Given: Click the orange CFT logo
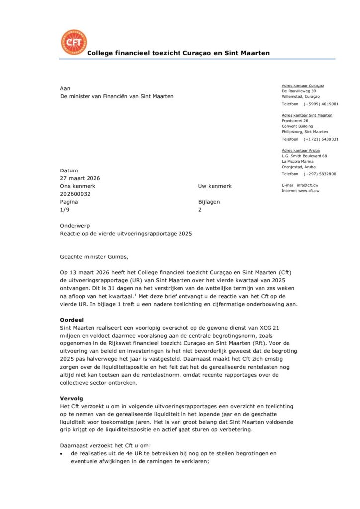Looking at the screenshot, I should (73, 42).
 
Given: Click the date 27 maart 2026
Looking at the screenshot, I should (80, 178).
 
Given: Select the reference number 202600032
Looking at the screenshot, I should (75, 194).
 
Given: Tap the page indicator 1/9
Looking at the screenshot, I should (65, 210).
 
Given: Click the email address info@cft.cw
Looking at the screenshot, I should (308, 185).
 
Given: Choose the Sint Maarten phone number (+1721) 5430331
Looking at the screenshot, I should (321, 139).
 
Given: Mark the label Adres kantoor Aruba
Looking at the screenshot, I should (301, 150).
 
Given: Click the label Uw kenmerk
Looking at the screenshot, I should (214, 186).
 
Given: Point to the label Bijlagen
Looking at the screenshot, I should (209, 202).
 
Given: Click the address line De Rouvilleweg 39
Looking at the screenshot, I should (299, 91).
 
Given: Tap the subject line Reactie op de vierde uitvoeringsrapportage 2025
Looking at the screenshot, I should (125, 233).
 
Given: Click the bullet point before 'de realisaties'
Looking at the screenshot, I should (61, 454).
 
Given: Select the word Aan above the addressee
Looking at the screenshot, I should (65, 88).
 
